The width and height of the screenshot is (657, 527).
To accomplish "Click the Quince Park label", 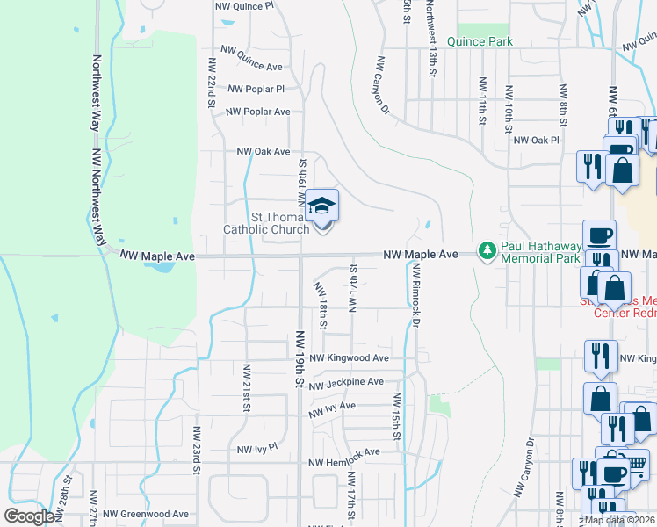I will click(480, 40).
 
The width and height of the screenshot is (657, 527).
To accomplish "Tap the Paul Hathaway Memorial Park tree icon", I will click(487, 252).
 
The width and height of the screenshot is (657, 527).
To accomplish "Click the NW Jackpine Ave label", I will click(346, 382).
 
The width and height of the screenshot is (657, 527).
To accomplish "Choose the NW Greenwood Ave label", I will click(145, 514).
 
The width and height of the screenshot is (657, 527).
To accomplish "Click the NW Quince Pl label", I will click(245, 5).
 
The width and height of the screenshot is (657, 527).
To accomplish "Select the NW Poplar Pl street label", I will click(256, 89).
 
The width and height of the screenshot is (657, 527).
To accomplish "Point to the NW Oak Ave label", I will click(263, 151).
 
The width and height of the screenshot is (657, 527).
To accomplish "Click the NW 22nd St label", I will click(212, 83).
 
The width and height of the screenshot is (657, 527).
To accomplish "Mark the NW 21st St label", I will click(247, 387).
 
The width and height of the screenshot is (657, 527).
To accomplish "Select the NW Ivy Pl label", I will click(256, 447).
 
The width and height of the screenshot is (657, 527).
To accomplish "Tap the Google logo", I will click(29, 516).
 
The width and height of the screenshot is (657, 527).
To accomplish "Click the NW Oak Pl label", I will click(536, 140).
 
